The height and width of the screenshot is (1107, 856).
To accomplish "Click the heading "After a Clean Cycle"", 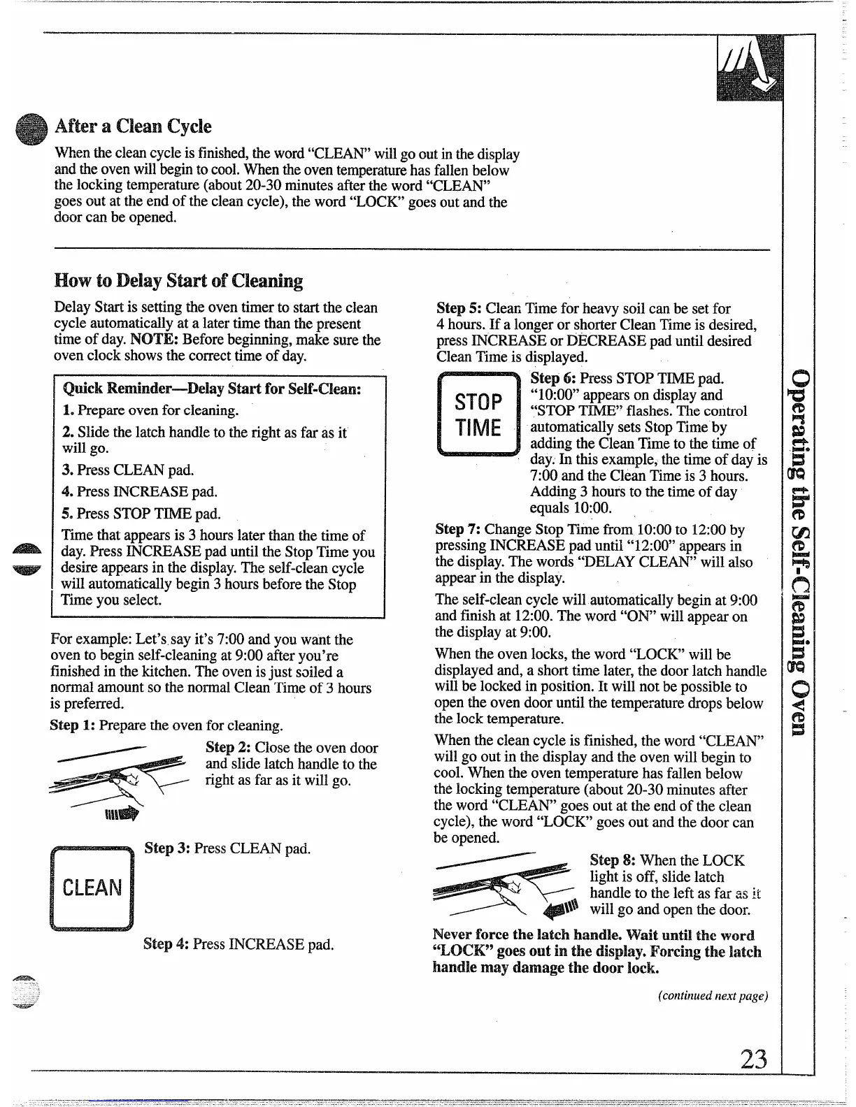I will [133, 126].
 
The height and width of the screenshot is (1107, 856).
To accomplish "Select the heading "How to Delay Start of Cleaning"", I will [178, 281].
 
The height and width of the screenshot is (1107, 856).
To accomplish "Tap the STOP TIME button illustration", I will [478, 414].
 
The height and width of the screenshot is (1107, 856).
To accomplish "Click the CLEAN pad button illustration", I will [92, 888].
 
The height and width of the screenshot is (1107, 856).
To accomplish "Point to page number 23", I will [754, 1059].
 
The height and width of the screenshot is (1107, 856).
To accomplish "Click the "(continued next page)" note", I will [713, 996].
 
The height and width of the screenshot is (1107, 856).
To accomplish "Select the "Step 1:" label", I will [73, 725].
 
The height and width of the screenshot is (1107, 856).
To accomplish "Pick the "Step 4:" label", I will [166, 944].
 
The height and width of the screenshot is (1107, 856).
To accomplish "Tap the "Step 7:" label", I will [458, 530].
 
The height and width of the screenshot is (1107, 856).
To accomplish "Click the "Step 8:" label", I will [613, 860].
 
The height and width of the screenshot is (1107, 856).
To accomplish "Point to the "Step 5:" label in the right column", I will [459, 308].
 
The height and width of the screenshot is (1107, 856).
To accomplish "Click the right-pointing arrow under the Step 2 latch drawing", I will [122, 813].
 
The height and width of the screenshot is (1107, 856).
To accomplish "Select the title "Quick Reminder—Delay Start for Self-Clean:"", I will [211, 389].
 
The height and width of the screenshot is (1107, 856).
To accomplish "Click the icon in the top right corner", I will [750, 68].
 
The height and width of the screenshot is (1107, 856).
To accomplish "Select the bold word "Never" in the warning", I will [452, 935].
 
